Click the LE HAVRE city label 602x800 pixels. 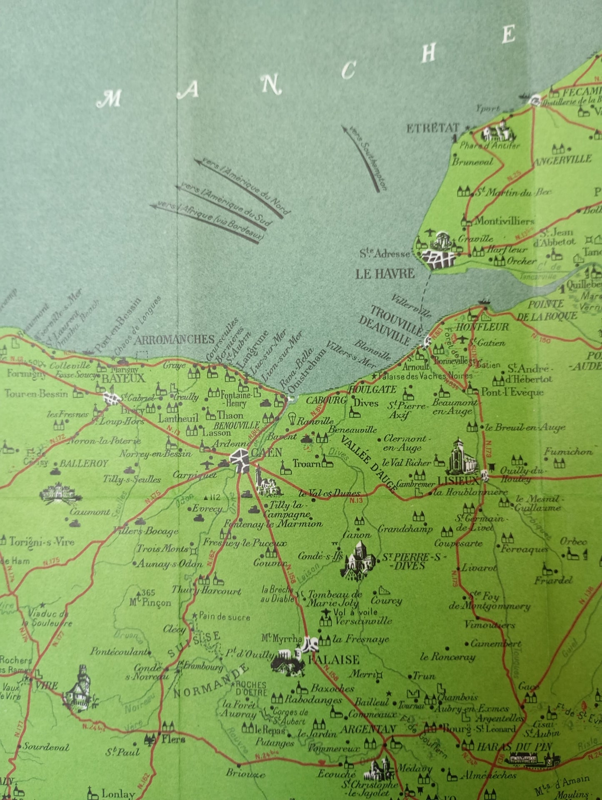(x=385, y=274)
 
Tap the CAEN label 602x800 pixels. (x=267, y=452)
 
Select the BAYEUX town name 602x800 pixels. (x=123, y=379)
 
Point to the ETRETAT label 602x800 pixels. (x=432, y=128)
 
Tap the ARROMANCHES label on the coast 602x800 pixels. (x=174, y=340)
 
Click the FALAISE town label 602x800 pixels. (x=333, y=660)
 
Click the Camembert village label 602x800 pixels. (x=495, y=644)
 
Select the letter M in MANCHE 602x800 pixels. (x=109, y=99)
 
